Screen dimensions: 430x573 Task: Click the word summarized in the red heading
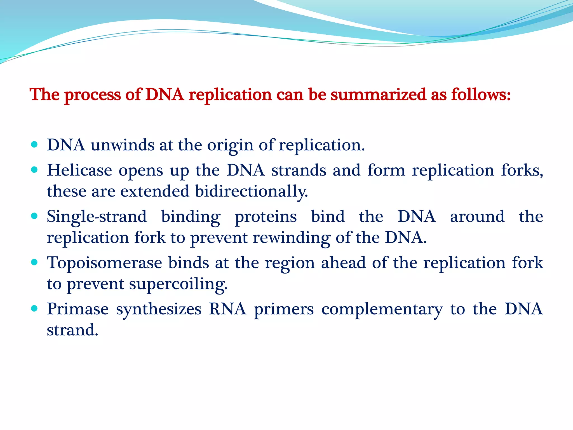378,94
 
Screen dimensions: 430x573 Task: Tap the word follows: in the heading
481,94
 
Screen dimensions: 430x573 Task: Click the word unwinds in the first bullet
122,145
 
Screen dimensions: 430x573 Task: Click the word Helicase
79,170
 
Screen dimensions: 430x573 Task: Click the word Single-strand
97,217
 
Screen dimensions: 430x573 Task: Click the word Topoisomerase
104,263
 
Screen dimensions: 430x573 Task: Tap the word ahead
343,263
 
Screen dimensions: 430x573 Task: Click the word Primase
78,309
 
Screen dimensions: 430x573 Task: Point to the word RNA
227,309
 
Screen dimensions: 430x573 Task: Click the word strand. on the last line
72,330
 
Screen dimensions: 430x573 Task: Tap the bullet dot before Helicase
34,170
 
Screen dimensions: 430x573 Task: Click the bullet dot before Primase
34,309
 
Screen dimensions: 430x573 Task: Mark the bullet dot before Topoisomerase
34,263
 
